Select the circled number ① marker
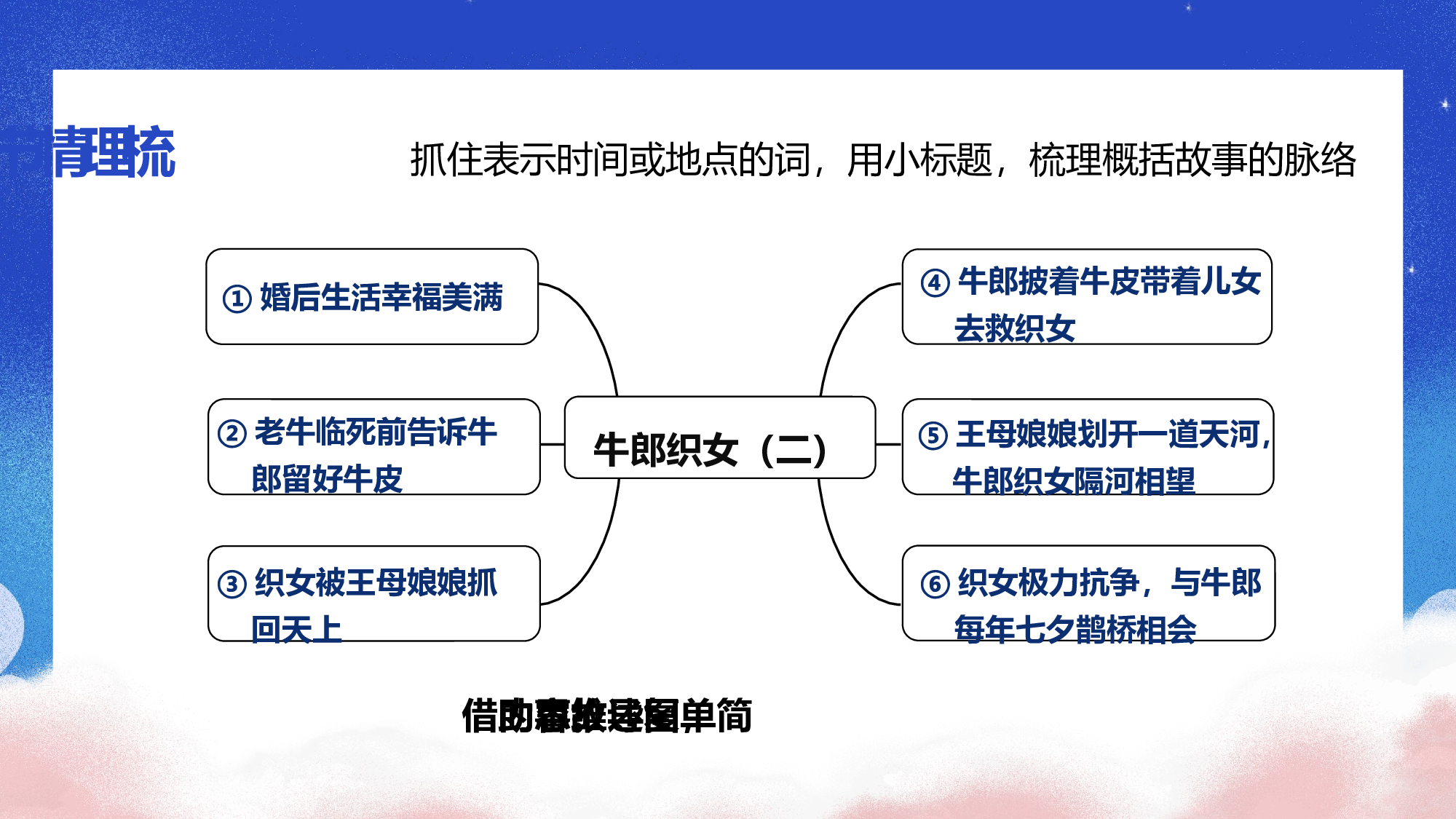[x=237, y=298]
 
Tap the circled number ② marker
[x=232, y=434]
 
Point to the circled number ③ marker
[x=232, y=584]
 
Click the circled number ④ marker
[x=935, y=283]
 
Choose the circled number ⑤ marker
[x=933, y=436]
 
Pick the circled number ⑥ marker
[x=935, y=584]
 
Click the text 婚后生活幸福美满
[x=381, y=298]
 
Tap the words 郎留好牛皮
[x=327, y=479]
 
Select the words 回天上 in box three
[x=296, y=629]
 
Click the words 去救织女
[x=1015, y=328]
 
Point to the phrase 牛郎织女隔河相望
[x=1074, y=480]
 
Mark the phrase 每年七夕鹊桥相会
[x=1075, y=630]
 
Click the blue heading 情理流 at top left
[x=114, y=153]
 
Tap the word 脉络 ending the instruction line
[x=1320, y=160]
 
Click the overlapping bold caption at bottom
[x=606, y=716]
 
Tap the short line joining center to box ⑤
[x=888, y=444]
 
